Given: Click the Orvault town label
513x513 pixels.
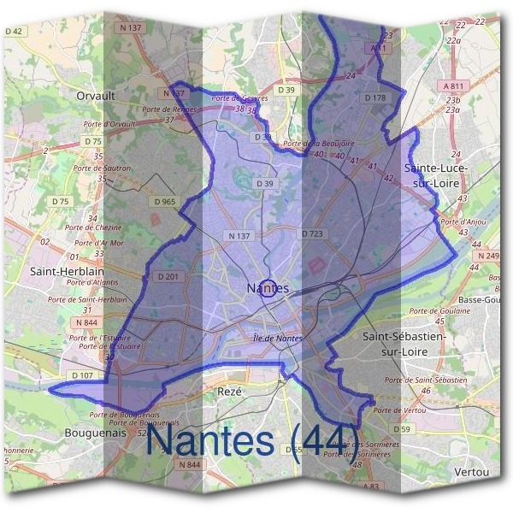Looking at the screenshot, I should pyautogui.click(x=95, y=97).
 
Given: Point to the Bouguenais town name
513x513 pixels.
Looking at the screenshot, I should pyautogui.click(x=95, y=433).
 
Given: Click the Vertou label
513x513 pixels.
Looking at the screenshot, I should pyautogui.click(x=472, y=472).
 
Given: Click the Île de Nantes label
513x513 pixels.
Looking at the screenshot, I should pyautogui.click(x=277, y=339).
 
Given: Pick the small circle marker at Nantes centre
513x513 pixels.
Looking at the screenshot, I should pyautogui.click(x=267, y=288).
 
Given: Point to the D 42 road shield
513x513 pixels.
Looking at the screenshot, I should pyautogui.click(x=15, y=31).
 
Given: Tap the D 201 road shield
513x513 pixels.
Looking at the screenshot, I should pyautogui.click(x=168, y=276).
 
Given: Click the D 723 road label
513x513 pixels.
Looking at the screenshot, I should pyautogui.click(x=311, y=233).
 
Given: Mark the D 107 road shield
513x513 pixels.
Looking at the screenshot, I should pyautogui.click(x=82, y=375).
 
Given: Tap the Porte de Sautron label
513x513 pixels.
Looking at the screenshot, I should pyautogui.click(x=108, y=168).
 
